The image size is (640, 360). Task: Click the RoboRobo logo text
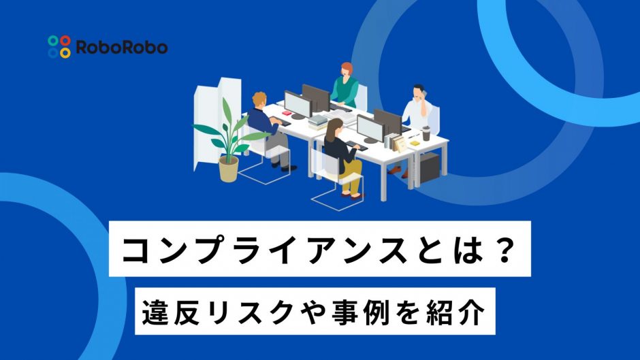[122, 47]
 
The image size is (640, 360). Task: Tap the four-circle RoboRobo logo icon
[59, 46]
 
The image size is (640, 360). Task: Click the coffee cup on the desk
[426, 134]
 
